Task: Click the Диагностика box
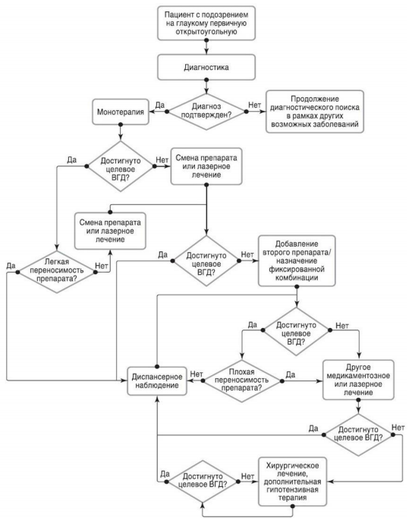point(206,68)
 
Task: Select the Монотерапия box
point(121,112)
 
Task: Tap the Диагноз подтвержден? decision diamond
point(206,112)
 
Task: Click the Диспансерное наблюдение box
point(157,381)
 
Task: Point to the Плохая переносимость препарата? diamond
point(241,381)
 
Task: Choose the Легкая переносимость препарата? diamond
point(57,272)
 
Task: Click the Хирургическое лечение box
point(292,482)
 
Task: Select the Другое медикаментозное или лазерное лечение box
point(358,380)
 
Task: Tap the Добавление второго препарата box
point(297,261)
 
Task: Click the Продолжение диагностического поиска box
point(315,112)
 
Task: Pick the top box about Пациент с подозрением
point(206,23)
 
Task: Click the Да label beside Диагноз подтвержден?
point(160,105)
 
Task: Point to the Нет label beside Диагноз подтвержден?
point(254,105)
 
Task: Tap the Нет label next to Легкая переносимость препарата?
point(102,266)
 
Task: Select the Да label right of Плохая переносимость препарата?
point(290,374)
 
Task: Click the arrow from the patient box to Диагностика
point(206,47)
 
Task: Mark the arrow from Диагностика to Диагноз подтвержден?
point(206,87)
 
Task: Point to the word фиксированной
point(297,269)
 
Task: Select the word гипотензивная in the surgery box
point(292,490)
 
